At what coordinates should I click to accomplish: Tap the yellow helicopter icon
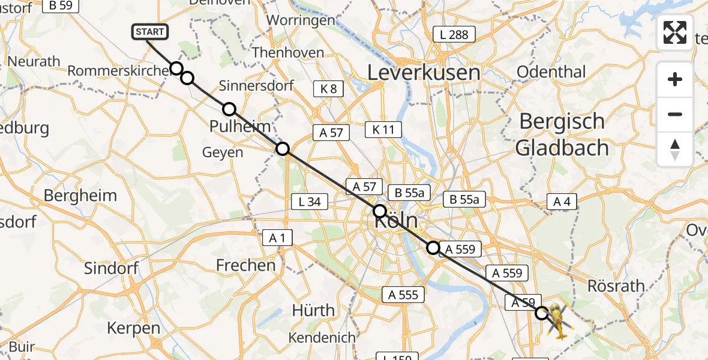557,321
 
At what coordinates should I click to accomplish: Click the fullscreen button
675,32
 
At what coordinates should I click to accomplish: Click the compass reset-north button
675,149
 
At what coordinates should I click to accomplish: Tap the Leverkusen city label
424,73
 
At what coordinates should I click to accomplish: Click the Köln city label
396,222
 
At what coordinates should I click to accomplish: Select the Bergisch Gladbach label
562,134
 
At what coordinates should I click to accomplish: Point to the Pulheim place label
240,127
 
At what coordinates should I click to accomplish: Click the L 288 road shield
454,35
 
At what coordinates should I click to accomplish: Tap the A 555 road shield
403,295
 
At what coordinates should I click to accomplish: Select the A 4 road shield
562,202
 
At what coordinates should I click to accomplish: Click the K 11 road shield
383,130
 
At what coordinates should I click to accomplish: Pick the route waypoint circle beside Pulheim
229,109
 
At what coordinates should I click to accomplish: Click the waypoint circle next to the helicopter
542,313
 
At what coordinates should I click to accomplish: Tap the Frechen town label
246,265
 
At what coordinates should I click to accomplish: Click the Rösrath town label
616,286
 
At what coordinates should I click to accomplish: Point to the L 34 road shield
310,202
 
